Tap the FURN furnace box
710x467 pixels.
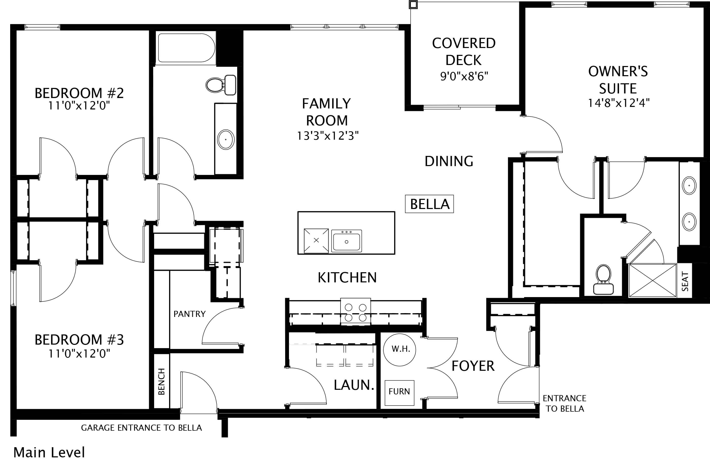tap(399, 393)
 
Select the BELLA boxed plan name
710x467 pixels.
tap(429, 204)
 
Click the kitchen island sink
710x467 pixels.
tap(347, 240)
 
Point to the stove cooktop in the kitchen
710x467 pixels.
tap(356, 312)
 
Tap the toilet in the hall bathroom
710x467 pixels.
tap(221, 85)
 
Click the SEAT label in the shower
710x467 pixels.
tap(685, 281)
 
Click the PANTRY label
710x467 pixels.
tap(190, 314)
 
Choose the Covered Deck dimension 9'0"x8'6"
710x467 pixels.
tap(464, 77)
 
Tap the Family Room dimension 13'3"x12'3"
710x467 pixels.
tap(328, 136)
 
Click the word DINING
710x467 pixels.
tap(449, 162)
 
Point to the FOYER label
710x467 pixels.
tap(473, 366)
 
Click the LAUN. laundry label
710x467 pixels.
tap(354, 385)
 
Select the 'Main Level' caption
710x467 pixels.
tap(49, 452)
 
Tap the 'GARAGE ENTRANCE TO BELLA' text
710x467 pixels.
tap(141, 428)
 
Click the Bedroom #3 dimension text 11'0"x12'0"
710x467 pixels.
tap(79, 354)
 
